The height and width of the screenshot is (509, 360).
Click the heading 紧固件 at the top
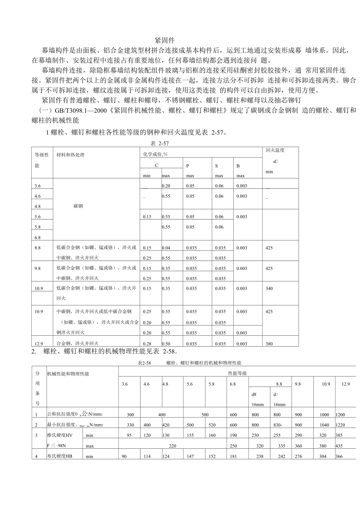pyautogui.click(x=164, y=40)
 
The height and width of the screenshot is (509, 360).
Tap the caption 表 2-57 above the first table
pyautogui.click(x=161, y=143)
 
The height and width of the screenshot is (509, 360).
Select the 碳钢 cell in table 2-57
pyautogui.click(x=78, y=206)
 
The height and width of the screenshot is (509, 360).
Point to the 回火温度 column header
pyautogui.click(x=275, y=150)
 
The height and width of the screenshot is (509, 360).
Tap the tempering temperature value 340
pyautogui.click(x=269, y=289)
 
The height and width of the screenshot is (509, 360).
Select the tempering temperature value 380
pyautogui.click(x=269, y=344)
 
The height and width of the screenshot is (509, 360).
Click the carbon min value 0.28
pyautogui.click(x=147, y=344)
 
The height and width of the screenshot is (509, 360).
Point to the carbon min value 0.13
pyautogui.click(x=147, y=217)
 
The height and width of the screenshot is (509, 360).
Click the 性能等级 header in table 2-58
pyautogui.click(x=237, y=374)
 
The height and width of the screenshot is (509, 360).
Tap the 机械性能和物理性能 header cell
pyautogui.click(x=68, y=374)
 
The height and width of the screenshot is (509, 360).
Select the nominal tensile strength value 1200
pyautogui.click(x=340, y=414)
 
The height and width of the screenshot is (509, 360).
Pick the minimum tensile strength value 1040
pyautogui.click(x=324, y=424)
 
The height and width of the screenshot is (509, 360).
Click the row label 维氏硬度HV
pyautogui.click(x=59, y=435)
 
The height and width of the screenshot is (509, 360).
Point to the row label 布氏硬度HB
pyautogui.click(x=59, y=456)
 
